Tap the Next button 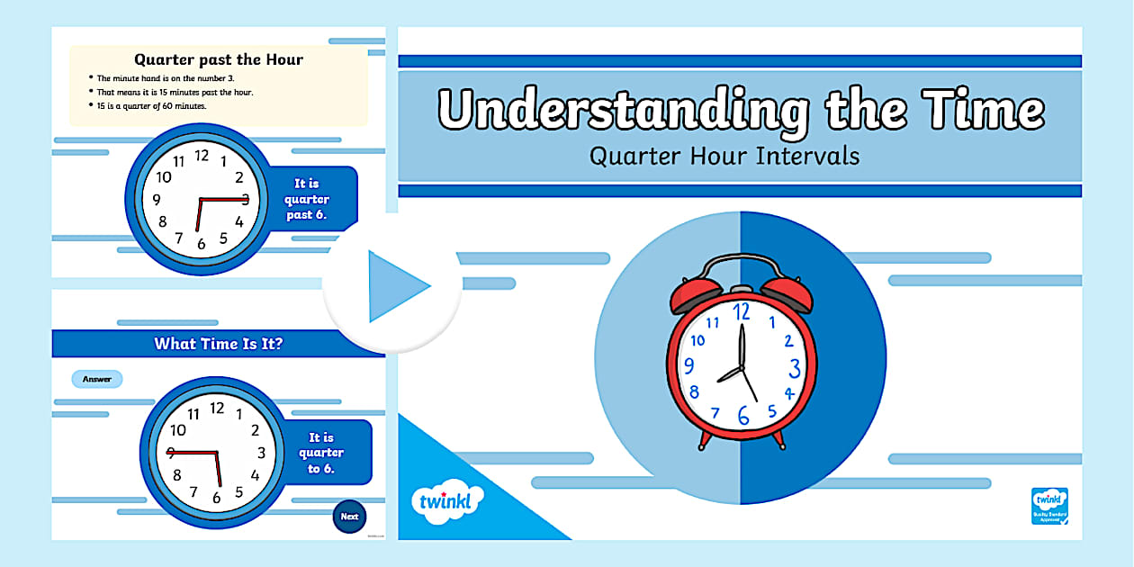coord(349,517)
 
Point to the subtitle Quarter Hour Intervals coord(724,156)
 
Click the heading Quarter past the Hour coord(219,60)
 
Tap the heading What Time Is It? coord(219,343)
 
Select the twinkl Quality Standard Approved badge coord(1049,506)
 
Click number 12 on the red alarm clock coord(742,312)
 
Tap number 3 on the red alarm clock coord(795,367)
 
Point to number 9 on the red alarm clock coord(689,366)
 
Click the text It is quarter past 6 coord(307,199)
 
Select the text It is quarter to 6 coord(321,453)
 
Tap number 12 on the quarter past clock coord(202,156)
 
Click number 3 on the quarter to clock coord(262,453)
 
